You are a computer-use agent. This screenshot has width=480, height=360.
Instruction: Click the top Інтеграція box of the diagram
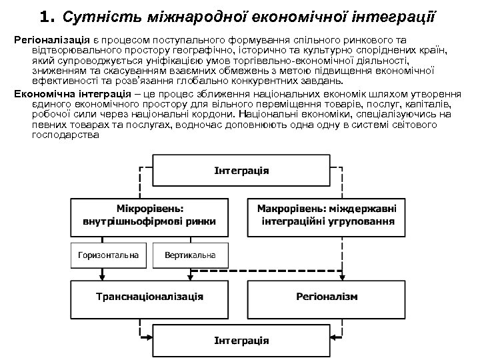point(241,171)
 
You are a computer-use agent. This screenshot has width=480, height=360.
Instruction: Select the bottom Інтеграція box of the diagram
point(241,340)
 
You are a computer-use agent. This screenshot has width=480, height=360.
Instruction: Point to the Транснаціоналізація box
point(149,296)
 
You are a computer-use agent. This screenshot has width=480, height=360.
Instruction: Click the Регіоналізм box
point(327,296)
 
